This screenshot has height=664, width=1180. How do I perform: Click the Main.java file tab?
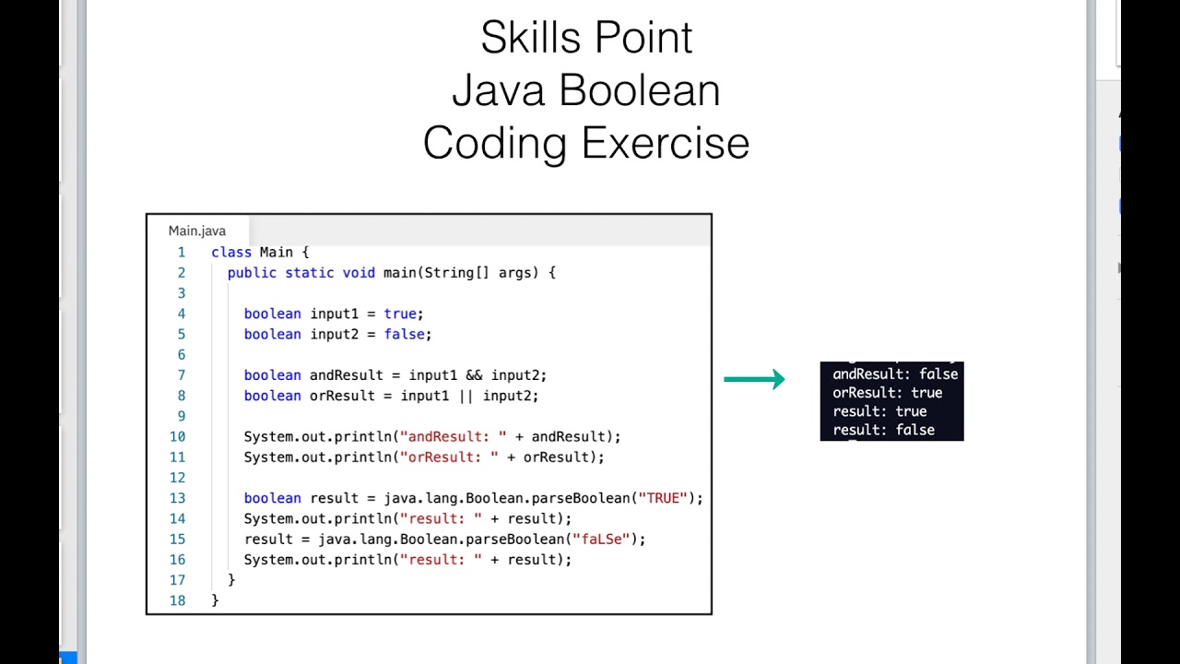tap(197, 231)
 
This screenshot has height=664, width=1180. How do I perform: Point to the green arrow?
tap(754, 379)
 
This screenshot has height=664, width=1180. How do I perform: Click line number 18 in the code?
tap(177, 600)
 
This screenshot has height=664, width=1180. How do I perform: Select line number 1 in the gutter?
tap(181, 252)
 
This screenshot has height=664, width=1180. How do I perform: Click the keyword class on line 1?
tap(231, 252)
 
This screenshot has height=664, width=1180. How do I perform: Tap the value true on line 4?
tap(401, 314)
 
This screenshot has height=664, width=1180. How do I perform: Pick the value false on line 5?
tap(405, 334)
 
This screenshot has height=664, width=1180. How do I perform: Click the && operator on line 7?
tap(474, 375)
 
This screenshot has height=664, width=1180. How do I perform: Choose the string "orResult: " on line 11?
tap(445, 456)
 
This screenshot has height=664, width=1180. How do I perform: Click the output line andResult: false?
tap(895, 374)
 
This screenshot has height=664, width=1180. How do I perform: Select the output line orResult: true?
tap(887, 393)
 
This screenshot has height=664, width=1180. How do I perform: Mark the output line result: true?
tap(879, 411)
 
